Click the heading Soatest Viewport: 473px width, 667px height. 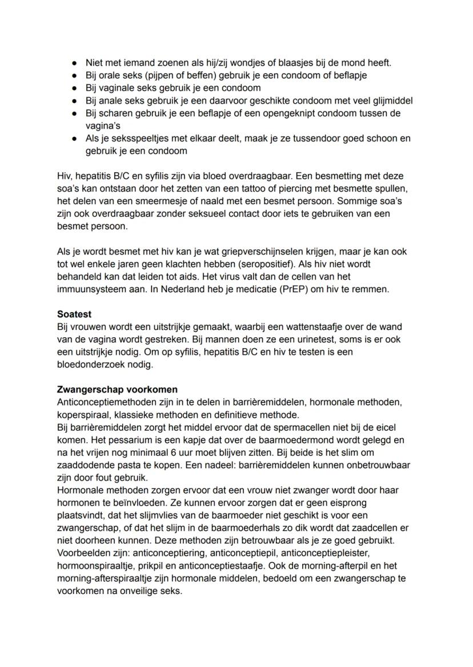point(74,314)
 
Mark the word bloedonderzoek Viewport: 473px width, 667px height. point(93,365)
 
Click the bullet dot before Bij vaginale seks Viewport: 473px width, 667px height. point(74,88)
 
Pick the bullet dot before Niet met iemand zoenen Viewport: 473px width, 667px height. point(74,63)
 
